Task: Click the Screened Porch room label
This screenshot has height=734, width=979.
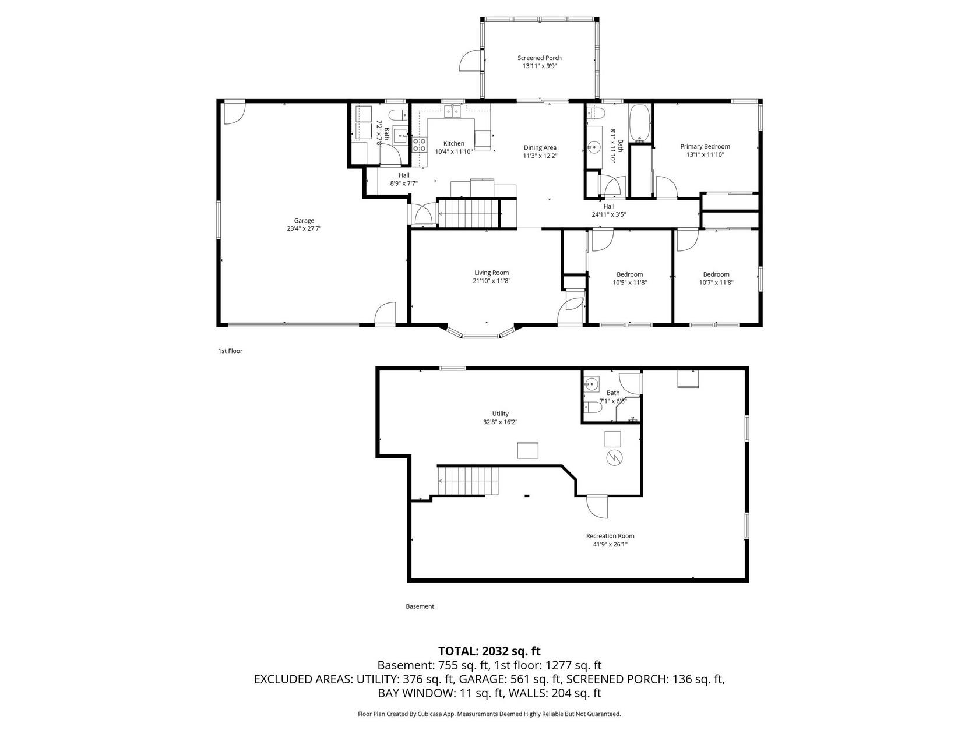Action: [539, 58]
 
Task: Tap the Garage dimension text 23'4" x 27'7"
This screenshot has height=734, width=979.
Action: [304, 228]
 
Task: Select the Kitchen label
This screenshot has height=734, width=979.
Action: [453, 143]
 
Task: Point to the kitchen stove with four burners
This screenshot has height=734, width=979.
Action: [420, 145]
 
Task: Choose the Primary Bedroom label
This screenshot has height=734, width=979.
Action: [705, 146]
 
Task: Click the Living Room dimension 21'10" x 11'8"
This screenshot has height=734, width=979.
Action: [491, 281]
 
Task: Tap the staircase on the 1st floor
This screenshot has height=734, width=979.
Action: [468, 213]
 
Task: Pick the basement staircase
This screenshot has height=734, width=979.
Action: [468, 481]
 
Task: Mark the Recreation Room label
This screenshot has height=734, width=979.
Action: [610, 536]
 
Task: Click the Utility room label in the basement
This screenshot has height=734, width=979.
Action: [500, 414]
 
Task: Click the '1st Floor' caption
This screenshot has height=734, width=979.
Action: [230, 351]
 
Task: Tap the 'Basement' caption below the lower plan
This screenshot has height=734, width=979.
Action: [420, 606]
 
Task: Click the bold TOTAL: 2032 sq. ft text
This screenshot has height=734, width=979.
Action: [490, 651]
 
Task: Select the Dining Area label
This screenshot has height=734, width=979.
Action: [540, 147]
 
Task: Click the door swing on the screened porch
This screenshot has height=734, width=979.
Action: [470, 61]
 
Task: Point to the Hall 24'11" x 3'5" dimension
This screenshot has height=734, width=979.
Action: [609, 214]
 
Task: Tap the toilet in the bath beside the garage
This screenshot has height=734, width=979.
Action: [398, 115]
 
